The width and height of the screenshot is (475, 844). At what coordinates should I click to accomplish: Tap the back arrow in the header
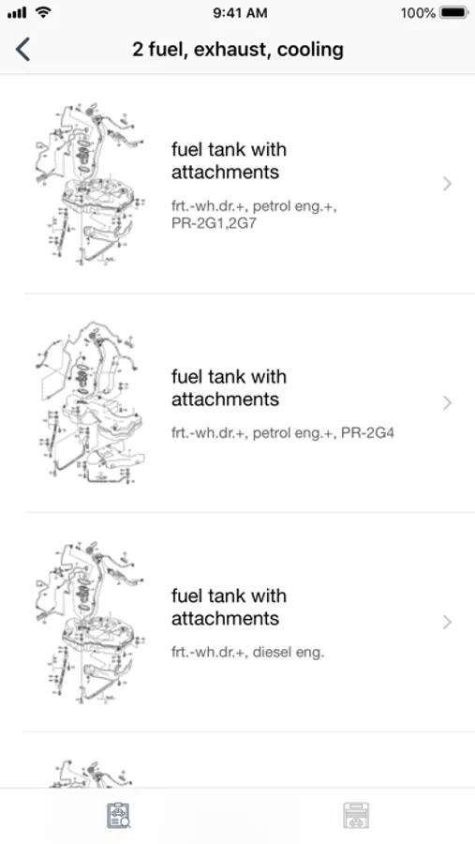coord(22,50)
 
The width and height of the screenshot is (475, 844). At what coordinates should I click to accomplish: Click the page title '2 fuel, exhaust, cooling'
coord(238,50)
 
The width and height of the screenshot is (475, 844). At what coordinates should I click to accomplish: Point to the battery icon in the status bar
coord(454,13)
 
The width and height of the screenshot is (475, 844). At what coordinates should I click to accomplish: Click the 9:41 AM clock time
coord(240,13)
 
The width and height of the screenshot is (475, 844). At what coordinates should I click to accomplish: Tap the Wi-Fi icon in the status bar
coord(43,12)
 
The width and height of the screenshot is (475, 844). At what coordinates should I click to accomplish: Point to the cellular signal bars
coord(17,13)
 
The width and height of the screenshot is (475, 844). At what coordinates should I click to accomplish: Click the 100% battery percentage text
coord(418,13)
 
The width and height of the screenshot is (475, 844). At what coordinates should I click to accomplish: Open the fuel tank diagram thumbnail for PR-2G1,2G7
coord(90,184)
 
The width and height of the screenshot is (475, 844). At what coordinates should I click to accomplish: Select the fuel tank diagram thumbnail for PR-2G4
coord(90,402)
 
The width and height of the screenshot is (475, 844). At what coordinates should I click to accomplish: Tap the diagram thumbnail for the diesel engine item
coord(90,623)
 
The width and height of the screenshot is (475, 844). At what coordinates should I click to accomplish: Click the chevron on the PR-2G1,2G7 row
coord(447,184)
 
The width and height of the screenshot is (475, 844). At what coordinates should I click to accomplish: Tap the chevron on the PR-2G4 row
coord(447,403)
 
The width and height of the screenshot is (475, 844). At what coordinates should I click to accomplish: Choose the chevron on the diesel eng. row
coord(447,623)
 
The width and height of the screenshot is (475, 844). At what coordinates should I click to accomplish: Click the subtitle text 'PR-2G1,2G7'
coord(215,223)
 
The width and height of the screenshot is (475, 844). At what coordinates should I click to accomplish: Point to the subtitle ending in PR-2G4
coord(283,432)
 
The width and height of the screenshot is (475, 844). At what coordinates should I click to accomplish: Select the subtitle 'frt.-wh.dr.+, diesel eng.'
coord(248,653)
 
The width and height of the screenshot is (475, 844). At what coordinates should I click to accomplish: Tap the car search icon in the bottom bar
coord(118,816)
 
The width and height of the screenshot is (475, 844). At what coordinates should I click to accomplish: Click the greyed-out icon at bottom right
coord(356,816)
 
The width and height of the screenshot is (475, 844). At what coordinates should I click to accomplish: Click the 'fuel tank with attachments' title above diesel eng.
coord(230,607)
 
